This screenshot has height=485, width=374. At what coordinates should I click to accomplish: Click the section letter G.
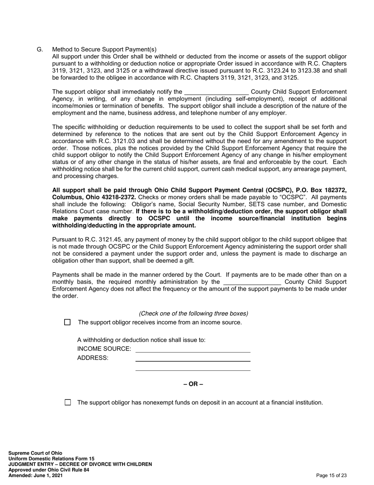pyautogui.click(x=39, y=49)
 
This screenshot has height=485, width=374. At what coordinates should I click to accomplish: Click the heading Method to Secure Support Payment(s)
pyautogui.click(x=104, y=49)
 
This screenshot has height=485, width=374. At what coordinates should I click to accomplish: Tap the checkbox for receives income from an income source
pyautogui.click(x=67, y=322)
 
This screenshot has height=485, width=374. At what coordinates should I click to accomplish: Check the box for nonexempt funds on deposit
pyautogui.click(x=68, y=403)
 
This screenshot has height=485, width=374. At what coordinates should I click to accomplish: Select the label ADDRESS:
pyautogui.click(x=93, y=358)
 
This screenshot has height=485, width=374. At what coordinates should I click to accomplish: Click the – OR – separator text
pyautogui.click(x=193, y=384)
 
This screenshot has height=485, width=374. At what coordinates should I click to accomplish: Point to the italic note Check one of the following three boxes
pyautogui.click(x=193, y=313)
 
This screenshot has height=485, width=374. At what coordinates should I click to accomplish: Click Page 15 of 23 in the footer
pyautogui.click(x=331, y=476)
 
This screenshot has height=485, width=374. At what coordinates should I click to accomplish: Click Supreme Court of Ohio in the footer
pyautogui.click(x=35, y=453)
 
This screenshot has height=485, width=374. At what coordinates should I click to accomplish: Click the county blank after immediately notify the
pyautogui.click(x=216, y=92)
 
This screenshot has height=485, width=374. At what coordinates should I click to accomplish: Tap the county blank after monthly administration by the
pyautogui.click(x=252, y=282)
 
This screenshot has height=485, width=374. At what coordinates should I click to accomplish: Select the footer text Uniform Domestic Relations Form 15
pyautogui.click(x=51, y=459)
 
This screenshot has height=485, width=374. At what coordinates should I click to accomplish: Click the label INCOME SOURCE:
pyautogui.click(x=104, y=349)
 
